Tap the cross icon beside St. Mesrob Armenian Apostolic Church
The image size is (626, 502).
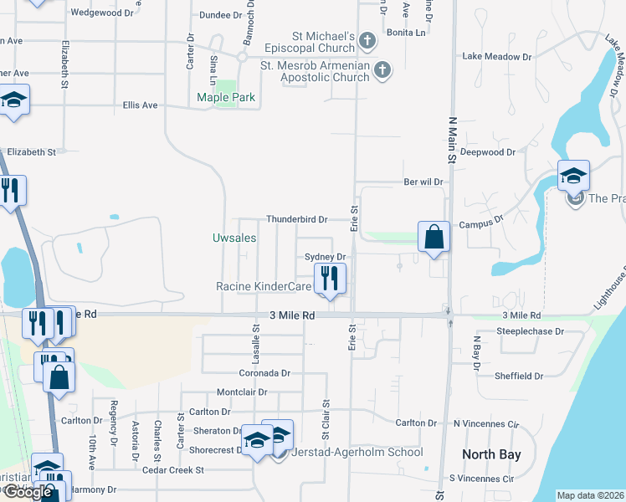click(382, 70)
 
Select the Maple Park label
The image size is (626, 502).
click(226, 98)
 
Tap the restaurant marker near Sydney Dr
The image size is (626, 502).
click(330, 278)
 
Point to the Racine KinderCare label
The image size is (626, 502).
click(264, 286)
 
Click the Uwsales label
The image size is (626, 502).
click(234, 238)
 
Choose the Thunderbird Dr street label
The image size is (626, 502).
click(296, 219)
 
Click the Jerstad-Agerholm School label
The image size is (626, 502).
click(358, 452)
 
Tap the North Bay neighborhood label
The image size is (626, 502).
click(492, 455)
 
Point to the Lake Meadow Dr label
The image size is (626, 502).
click(497, 57)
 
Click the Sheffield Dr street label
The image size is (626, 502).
click(519, 376)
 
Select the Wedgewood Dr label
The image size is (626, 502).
click(103, 13)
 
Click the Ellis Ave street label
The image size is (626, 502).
click(140, 105)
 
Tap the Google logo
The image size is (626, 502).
click(27, 493)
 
